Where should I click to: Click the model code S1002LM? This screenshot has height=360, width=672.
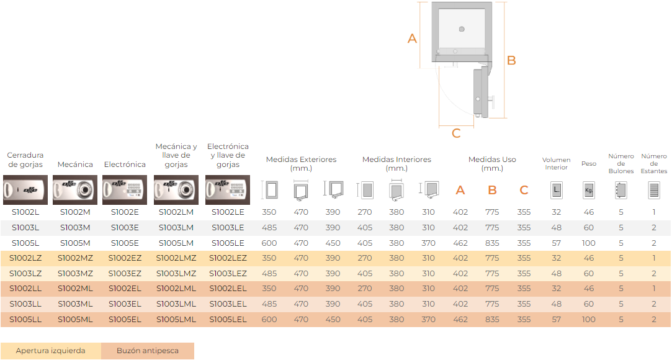176,212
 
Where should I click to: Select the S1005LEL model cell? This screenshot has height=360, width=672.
228,319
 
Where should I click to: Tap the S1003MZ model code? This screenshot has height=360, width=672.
75,274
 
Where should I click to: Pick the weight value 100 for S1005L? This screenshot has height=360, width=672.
588,243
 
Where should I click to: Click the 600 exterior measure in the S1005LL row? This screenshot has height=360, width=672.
269,319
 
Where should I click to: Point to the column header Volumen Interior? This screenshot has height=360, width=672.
557,164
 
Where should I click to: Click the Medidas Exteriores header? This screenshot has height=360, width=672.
302,164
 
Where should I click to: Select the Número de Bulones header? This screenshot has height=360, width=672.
621,164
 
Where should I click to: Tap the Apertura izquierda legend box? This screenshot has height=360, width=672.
51,351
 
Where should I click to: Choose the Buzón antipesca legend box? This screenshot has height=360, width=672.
148,351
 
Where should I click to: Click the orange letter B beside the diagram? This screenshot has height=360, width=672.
511,60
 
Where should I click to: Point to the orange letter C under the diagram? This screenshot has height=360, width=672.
456,133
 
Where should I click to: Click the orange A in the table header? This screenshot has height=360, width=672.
460,191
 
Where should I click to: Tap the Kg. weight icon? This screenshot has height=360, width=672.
588,191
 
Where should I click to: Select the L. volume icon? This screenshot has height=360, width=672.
557,191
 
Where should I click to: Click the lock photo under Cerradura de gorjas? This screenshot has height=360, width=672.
25,190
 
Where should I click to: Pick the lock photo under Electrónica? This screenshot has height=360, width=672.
125,190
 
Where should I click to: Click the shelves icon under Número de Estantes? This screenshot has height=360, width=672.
654,191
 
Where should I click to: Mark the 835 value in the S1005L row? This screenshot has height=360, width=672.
492,243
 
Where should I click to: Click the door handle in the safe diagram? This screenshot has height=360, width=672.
492,102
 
